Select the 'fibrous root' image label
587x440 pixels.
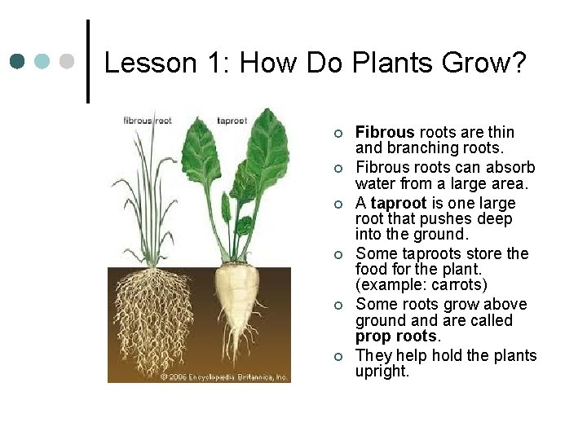point(148,120)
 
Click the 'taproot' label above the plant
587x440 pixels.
point(232,120)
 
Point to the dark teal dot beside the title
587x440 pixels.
point(18,61)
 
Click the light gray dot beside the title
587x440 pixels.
point(68,61)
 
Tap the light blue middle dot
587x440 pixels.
point(43,61)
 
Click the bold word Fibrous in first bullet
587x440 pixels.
point(385,132)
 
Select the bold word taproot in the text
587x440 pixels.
point(399,203)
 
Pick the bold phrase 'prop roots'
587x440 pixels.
point(397,337)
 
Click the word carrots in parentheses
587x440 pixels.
point(459,285)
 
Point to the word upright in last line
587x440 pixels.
point(382,372)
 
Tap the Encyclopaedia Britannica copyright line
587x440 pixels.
point(223,377)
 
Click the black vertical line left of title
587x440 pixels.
point(87,61)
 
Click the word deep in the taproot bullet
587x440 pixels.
point(495,219)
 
